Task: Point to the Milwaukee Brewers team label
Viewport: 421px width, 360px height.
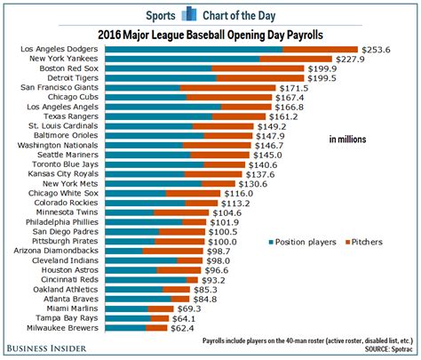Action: tap(65, 328)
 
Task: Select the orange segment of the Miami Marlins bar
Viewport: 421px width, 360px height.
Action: tap(163, 308)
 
